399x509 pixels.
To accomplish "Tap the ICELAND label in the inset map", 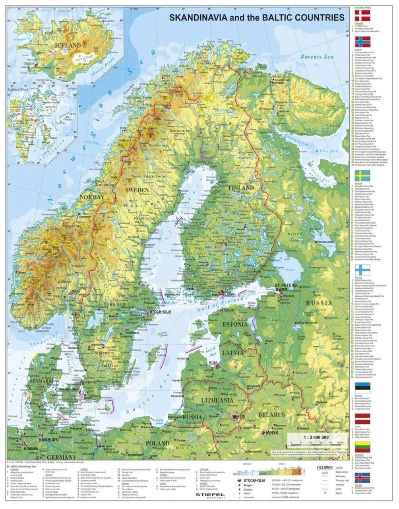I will pos(69,46).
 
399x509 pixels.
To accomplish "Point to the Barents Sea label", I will pos(316,57).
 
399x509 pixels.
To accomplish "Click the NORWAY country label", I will pos(92,197).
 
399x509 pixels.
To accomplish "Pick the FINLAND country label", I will pos(240,187).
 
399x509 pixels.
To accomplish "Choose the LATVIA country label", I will pos(232,353).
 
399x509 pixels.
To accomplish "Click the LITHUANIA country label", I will pos(217,400).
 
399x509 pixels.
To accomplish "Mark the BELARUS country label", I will pos(272,414).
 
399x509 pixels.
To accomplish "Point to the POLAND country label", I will pos(157,443).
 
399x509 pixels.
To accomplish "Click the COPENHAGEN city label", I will pos(67,389).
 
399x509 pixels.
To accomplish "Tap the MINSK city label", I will pos(272,432).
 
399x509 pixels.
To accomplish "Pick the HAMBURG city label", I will pos(48,440).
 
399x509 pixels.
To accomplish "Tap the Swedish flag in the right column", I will pos(362,176).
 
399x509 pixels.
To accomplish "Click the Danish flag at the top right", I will pos(362,16).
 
